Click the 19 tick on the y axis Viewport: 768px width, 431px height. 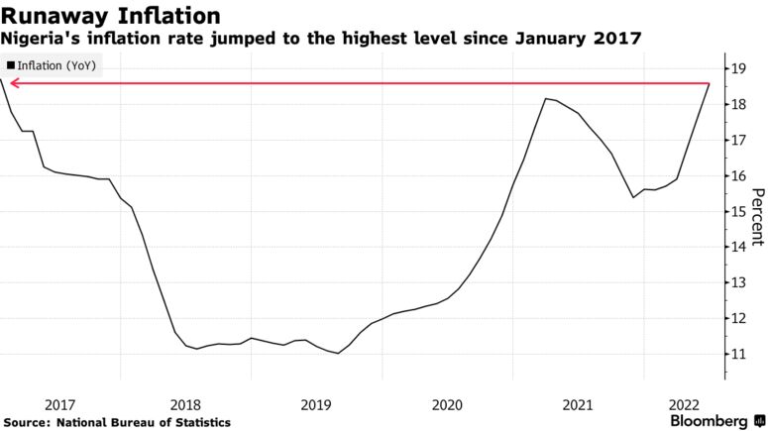click(739, 68)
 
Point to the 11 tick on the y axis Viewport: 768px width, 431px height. click(739, 354)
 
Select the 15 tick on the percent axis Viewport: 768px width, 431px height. click(739, 211)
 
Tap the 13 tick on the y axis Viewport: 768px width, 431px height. click(739, 282)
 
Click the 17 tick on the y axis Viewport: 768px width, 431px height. click(739, 140)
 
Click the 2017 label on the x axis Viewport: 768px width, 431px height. click(59, 403)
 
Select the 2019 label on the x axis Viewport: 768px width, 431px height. click(316, 403)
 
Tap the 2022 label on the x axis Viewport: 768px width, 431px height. click(685, 403)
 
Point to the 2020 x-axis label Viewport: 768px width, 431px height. click(447, 403)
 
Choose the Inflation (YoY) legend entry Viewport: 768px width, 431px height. click(54, 64)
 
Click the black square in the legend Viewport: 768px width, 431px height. click(11, 64)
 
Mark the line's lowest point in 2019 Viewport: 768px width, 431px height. click(338, 353)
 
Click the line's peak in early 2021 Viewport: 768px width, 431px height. click(545, 98)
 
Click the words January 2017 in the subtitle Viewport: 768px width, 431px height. click(584, 38)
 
